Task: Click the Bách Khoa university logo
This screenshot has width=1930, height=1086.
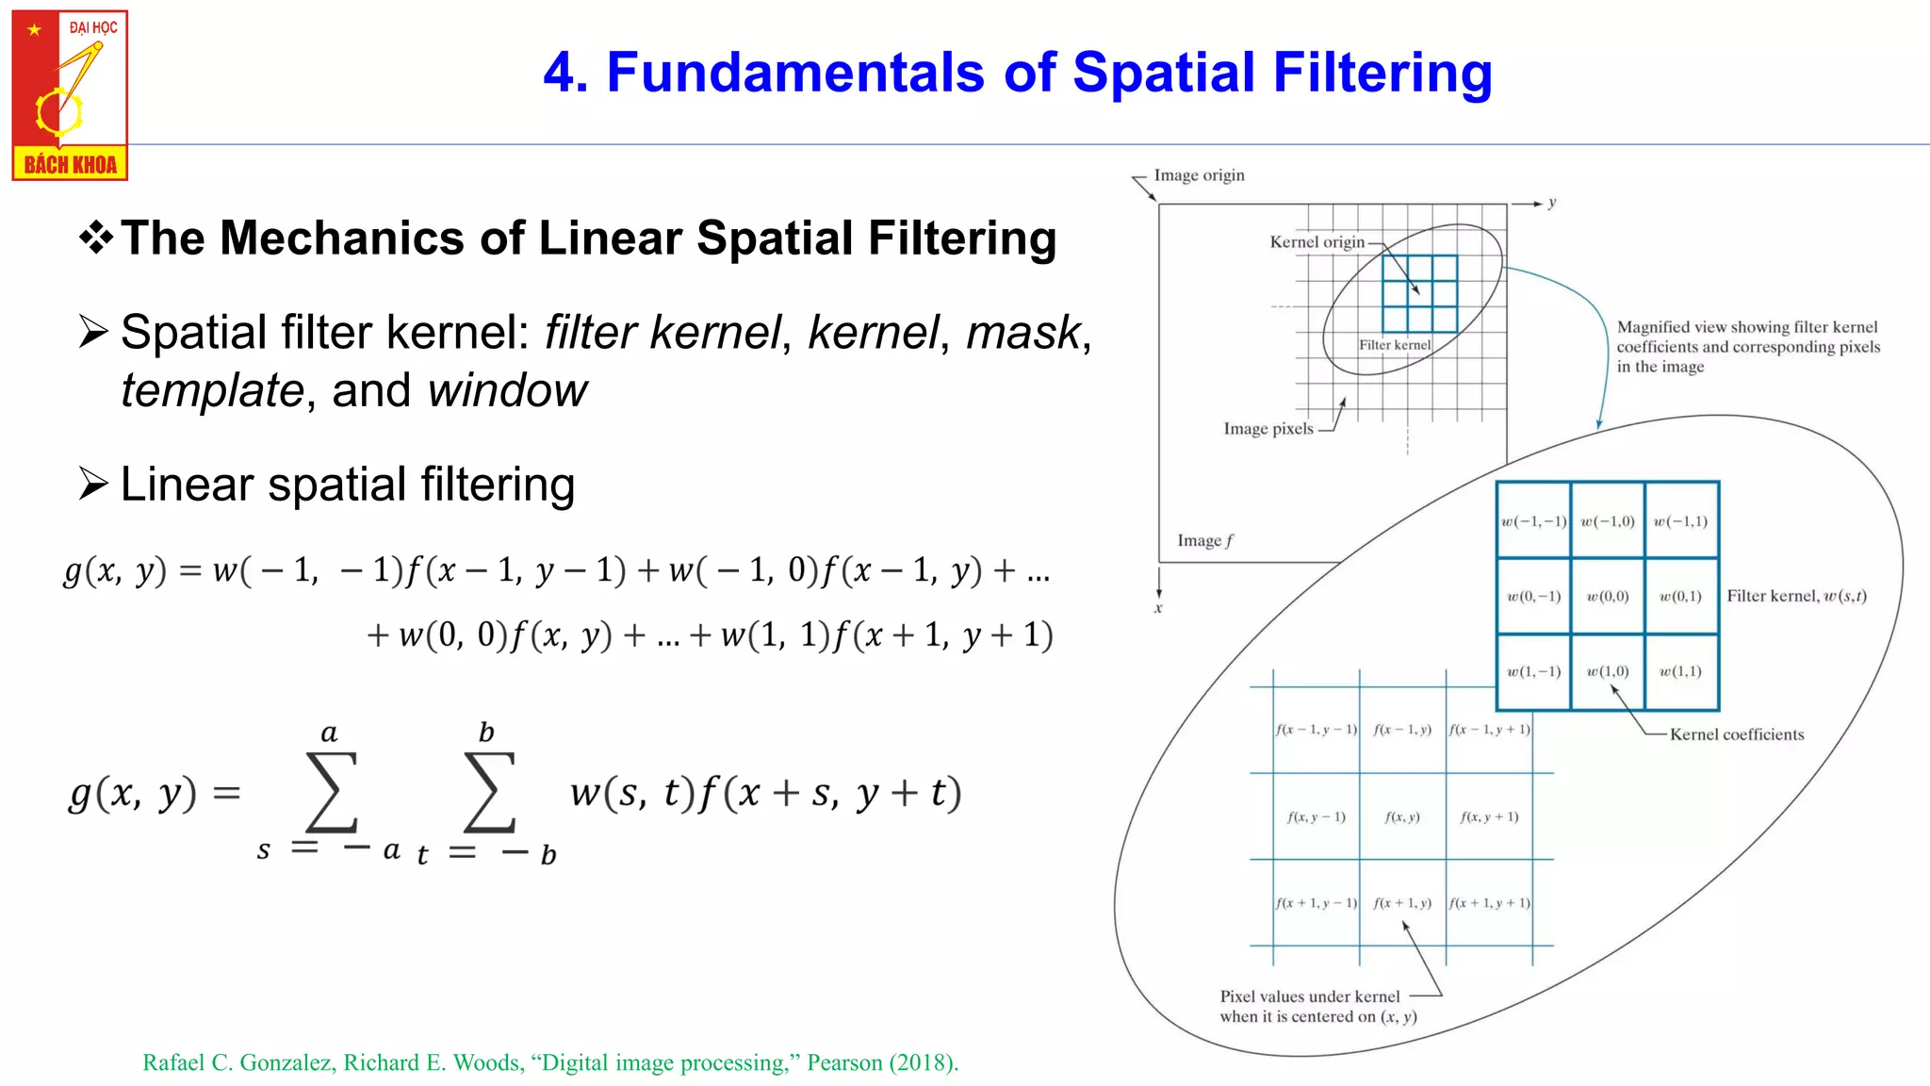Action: pyautogui.click(x=70, y=95)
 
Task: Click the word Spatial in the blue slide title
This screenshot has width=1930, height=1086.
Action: pyautogui.click(x=1164, y=73)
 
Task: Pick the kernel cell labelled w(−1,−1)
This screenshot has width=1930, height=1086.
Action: pyautogui.click(x=1533, y=521)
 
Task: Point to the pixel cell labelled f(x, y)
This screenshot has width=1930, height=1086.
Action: pyautogui.click(x=1402, y=817)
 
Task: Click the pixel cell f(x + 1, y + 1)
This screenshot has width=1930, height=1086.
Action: pyautogui.click(x=1489, y=903)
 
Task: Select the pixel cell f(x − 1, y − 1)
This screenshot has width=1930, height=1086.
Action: pyautogui.click(x=1316, y=730)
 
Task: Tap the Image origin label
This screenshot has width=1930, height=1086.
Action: pyautogui.click(x=1199, y=175)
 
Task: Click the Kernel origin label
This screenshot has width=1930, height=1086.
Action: pyautogui.click(x=1317, y=242)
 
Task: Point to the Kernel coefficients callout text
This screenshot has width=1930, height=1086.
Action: pyautogui.click(x=1736, y=734)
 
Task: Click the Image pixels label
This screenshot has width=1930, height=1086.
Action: pyautogui.click(x=1268, y=429)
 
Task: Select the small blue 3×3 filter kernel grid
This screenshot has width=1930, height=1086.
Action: pyautogui.click(x=1419, y=293)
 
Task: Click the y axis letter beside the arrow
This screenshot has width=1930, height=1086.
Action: pyautogui.click(x=1552, y=203)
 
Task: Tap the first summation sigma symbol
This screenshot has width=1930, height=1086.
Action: pyautogui.click(x=331, y=793)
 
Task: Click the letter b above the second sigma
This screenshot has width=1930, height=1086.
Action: pyautogui.click(x=486, y=732)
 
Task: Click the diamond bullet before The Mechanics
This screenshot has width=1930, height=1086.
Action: pyautogui.click(x=95, y=238)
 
